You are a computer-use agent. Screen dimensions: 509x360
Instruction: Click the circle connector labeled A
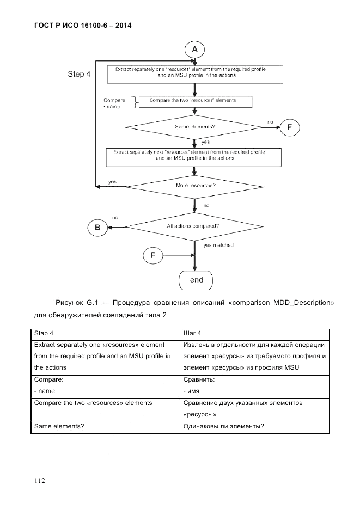[194, 50]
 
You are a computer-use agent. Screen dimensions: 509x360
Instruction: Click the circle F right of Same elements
[290, 128]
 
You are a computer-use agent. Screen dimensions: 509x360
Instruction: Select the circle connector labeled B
[97, 228]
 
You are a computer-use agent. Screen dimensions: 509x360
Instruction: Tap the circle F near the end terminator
[152, 254]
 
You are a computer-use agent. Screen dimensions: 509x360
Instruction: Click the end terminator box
[196, 280]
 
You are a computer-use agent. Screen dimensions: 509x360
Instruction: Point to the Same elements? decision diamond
[194, 127]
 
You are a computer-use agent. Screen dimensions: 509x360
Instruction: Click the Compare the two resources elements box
[194, 101]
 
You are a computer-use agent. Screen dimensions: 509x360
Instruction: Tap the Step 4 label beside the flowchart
[79, 74]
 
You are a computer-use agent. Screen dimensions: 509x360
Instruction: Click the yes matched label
[218, 246]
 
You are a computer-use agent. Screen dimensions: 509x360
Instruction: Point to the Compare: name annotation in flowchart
[115, 103]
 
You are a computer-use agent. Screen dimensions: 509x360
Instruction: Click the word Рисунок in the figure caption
[71, 302]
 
